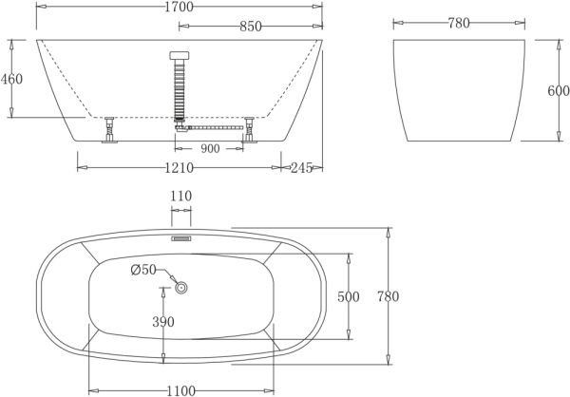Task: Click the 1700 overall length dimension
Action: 179,8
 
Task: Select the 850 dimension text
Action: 250,27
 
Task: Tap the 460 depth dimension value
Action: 11,79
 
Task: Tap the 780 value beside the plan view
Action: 386,296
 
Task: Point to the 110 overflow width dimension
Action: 180,197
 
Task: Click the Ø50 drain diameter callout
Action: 143,272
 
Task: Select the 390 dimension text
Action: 163,322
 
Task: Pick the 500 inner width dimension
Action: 348,296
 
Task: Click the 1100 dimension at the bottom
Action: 180,388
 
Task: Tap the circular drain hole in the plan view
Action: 181,286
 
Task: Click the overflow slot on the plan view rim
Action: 180,239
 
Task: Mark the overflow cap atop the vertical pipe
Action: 177,56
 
